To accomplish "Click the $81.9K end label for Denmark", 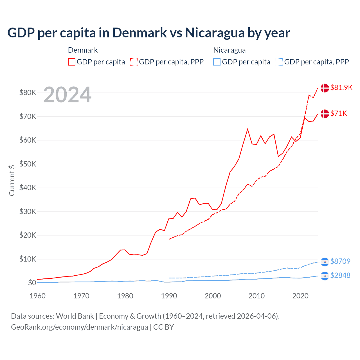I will click(341, 87).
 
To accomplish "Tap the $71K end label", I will click(339, 113).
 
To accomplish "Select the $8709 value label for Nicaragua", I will click(340, 261).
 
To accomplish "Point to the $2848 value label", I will click(340, 275).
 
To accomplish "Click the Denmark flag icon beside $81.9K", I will click(325, 88).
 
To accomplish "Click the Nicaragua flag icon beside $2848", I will click(325, 276).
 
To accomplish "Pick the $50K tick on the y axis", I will click(28, 164).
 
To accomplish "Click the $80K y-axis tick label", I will click(28, 93).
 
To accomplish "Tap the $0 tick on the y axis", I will click(32, 283).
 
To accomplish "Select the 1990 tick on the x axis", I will click(169, 296).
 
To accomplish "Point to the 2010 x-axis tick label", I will click(256, 296).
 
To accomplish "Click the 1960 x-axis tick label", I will click(38, 296).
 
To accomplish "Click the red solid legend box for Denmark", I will click(72, 62).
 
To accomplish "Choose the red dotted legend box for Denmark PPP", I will click(134, 62).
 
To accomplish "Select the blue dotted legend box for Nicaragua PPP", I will click(279, 62).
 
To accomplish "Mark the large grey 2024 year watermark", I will click(67, 95).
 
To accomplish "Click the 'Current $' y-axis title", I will click(12, 180).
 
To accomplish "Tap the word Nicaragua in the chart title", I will click(215, 33).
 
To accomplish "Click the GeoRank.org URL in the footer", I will click(79, 327).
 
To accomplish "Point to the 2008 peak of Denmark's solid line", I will click(247, 129).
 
